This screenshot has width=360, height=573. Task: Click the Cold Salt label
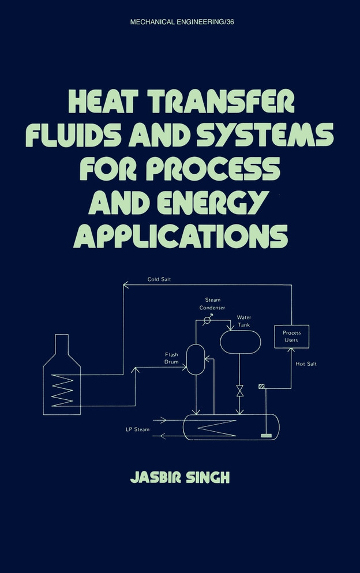[159, 279]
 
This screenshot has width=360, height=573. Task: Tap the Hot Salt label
[306, 364]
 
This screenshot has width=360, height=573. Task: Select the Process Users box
[291, 336]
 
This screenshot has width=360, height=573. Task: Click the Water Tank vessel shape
[240, 341]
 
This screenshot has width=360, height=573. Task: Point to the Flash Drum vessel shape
[196, 359]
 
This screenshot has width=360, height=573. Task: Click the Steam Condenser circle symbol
[207, 319]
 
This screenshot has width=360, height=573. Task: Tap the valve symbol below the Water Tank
[239, 391]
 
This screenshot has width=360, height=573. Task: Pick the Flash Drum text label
[172, 358]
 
